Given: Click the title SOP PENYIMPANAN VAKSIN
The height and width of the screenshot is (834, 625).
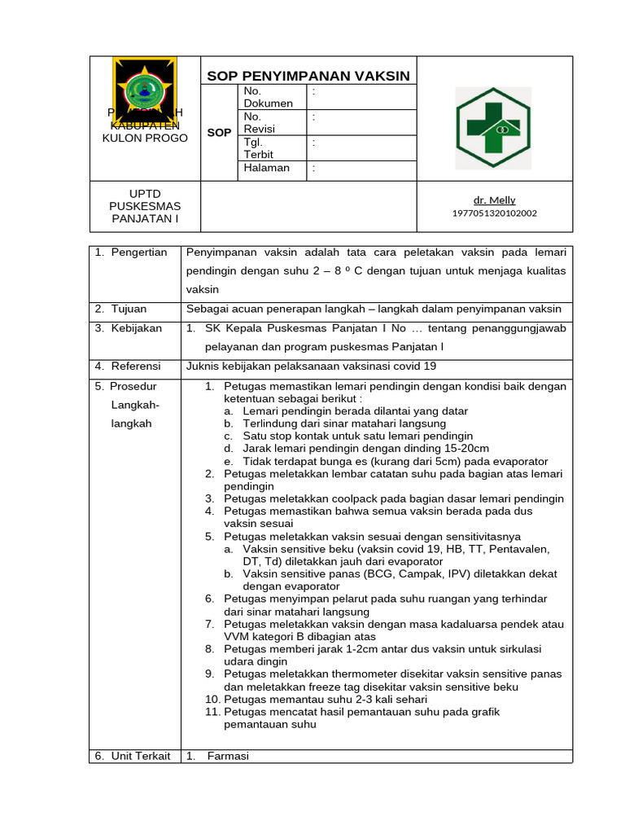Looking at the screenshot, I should tap(308, 77).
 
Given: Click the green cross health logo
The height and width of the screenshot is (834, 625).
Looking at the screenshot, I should tap(493, 127).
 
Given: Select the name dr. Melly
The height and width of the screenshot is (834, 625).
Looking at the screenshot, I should tap(494, 200).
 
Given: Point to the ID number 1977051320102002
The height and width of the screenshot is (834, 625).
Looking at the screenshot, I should tap(494, 213).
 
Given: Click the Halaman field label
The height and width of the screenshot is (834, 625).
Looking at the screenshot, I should tap(266, 168).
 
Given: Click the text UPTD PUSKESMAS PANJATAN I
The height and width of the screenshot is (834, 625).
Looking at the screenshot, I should tap(144, 206).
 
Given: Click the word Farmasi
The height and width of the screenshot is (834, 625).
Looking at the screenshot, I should tap(228, 756).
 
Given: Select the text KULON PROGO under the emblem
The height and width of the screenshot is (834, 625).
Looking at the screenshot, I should tap(145, 138).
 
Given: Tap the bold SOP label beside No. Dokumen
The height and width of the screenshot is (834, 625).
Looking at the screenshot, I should tap(219, 132).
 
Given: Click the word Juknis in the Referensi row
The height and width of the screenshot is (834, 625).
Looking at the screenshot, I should tap(203, 367).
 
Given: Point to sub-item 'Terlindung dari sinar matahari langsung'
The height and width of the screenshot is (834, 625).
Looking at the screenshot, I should tap(344, 424).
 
